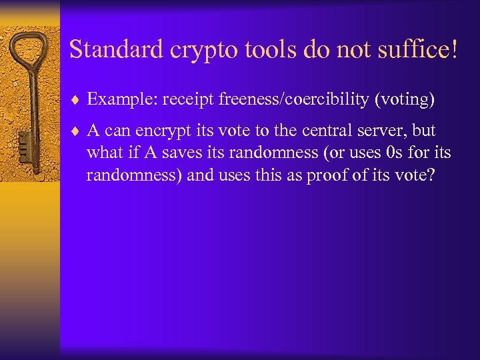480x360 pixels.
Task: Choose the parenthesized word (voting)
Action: [405, 100]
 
